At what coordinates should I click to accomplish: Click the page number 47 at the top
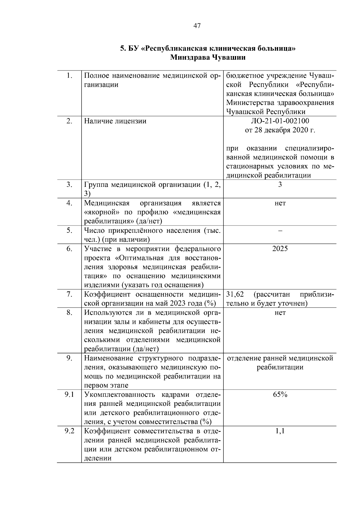click(x=197, y=26)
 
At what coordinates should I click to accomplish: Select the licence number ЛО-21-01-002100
click(x=280, y=121)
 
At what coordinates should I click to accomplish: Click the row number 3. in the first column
click(x=69, y=184)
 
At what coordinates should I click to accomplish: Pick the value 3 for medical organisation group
click(x=280, y=184)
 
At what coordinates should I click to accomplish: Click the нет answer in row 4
click(x=280, y=203)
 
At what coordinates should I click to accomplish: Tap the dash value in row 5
click(x=280, y=231)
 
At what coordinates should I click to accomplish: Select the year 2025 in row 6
click(x=280, y=249)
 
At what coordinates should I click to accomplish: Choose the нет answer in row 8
click(x=280, y=313)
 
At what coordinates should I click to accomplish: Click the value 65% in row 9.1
click(x=280, y=395)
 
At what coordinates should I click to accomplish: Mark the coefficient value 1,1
click(x=280, y=431)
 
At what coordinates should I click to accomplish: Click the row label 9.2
click(x=69, y=431)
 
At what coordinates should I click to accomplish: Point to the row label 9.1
click(x=69, y=395)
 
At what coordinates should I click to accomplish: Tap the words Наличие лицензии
click(x=115, y=121)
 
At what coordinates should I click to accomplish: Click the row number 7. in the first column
click(x=69, y=294)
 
